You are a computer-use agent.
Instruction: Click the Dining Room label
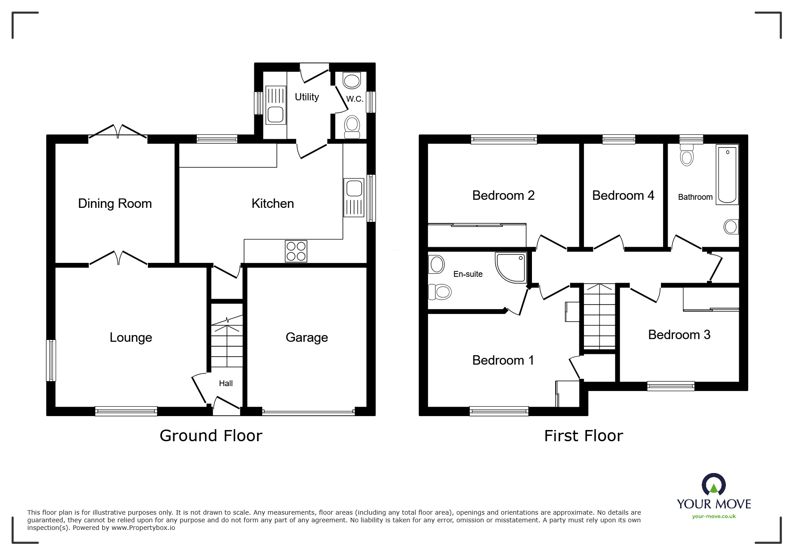(x=115, y=203)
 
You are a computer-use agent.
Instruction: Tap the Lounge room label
(x=131, y=337)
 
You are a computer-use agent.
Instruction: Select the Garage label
(x=307, y=337)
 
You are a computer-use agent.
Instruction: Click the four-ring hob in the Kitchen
(x=296, y=251)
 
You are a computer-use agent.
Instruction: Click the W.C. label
(x=355, y=99)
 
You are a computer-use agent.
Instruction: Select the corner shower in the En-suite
(x=511, y=267)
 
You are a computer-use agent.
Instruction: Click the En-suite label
(x=468, y=274)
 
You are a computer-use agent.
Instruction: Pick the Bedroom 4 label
(x=623, y=195)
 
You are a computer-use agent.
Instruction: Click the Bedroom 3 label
(x=679, y=335)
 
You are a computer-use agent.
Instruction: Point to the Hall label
(x=226, y=383)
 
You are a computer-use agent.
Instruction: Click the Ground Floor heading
(x=211, y=435)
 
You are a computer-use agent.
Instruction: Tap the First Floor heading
(x=583, y=435)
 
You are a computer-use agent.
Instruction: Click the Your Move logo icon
(x=713, y=485)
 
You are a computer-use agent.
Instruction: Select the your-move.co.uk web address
(x=714, y=516)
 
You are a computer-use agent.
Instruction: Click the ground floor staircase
(x=227, y=336)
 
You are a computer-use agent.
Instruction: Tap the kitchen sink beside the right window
(x=354, y=198)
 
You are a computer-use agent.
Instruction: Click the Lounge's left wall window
(x=51, y=361)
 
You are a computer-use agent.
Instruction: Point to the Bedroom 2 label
(x=503, y=195)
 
